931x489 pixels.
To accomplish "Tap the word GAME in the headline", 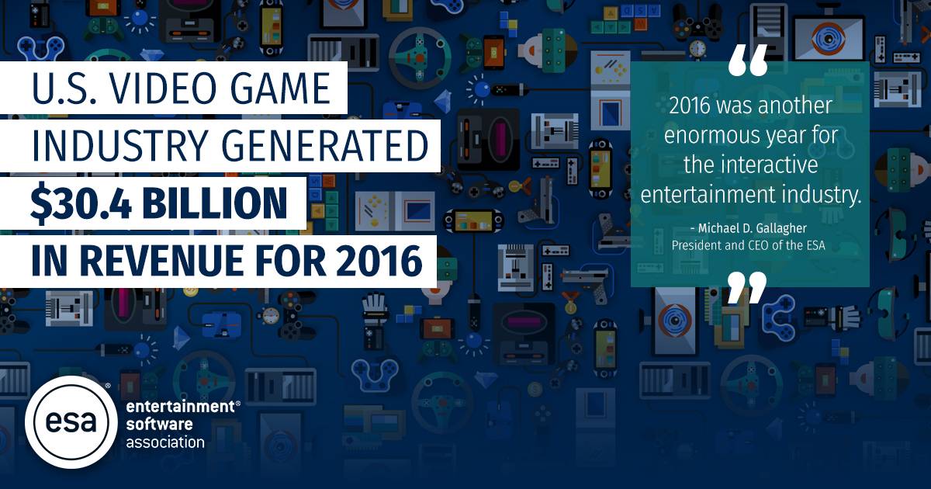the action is [281, 88].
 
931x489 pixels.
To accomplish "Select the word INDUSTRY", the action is [119, 146].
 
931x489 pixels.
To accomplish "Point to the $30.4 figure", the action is [81, 203].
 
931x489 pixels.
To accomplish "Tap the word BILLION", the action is [216, 203].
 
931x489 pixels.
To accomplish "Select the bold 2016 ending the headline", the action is [379, 261].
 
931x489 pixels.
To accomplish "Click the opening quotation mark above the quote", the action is [748, 61].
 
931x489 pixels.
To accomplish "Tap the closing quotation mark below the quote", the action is [747, 287].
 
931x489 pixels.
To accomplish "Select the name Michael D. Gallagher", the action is [752, 228].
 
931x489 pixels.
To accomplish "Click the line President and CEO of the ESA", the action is [748, 245].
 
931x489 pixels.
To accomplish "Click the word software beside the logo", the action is [159, 424].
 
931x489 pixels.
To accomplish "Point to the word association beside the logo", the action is [165, 442].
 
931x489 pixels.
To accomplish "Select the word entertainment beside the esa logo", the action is [180, 406].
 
